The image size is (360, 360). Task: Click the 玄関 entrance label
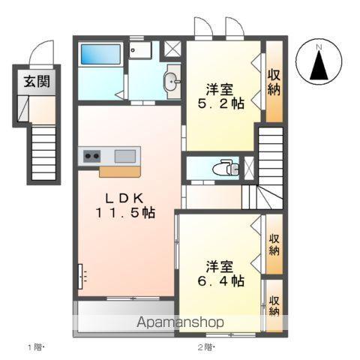[35, 82]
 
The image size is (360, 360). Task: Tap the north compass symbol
[318, 64]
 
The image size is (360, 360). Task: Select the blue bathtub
[100, 54]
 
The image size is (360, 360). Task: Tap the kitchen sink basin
[125, 156]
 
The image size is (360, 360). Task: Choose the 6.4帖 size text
[226, 281]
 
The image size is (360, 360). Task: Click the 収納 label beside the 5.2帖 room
[274, 82]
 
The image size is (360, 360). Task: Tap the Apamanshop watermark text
[179, 323]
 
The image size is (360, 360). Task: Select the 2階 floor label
[205, 347]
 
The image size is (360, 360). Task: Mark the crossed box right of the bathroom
[172, 49]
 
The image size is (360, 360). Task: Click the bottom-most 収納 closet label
[274, 300]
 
